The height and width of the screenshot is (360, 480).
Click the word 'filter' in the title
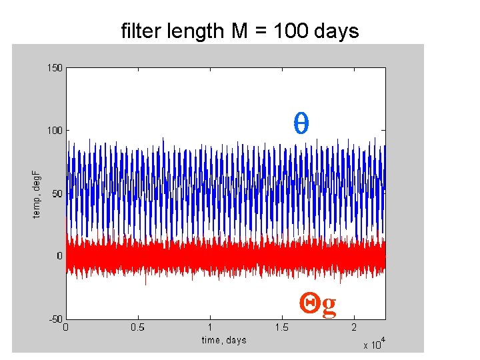(x=137, y=31)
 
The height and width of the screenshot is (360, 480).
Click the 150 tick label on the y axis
(x=54, y=67)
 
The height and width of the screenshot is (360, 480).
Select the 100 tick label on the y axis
(x=54, y=131)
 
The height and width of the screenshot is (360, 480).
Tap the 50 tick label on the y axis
(x=57, y=193)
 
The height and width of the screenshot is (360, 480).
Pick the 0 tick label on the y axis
(x=59, y=256)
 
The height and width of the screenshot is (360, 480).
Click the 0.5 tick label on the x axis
(x=137, y=327)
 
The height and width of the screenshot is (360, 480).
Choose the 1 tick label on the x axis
(x=209, y=327)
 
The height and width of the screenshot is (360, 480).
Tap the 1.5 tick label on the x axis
(x=281, y=327)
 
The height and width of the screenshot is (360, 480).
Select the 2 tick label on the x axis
(x=353, y=327)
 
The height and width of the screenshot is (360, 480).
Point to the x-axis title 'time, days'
(x=224, y=340)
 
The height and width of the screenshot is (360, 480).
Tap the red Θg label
(x=319, y=304)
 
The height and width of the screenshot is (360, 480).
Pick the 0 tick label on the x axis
(x=65, y=327)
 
